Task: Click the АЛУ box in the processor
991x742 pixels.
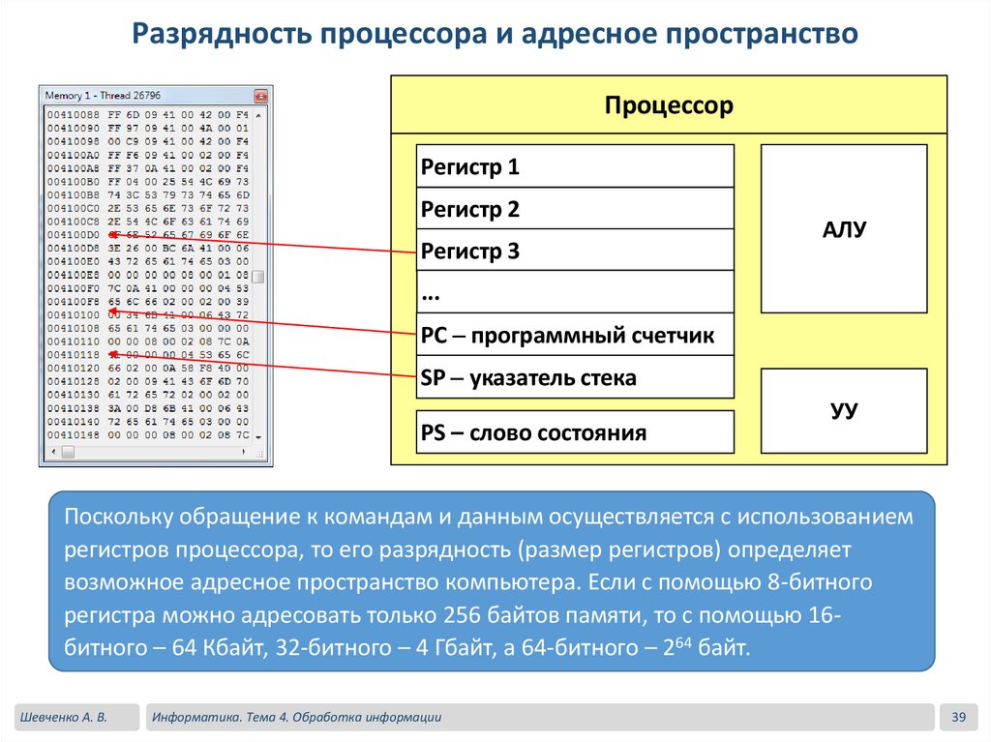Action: [x=844, y=229]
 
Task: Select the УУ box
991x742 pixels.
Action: [x=844, y=411]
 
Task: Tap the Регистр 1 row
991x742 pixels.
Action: [x=574, y=166]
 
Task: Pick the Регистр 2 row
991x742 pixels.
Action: [x=574, y=209]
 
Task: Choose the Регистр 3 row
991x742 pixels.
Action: [x=574, y=252]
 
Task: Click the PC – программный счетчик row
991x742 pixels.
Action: [x=574, y=336]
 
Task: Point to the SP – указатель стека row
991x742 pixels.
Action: [x=574, y=377]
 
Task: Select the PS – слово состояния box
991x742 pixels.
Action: [x=574, y=432]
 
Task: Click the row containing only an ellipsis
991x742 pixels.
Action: [x=574, y=292]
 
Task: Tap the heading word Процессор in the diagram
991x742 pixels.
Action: [x=669, y=105]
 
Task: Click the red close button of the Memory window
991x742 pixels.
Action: [x=260, y=96]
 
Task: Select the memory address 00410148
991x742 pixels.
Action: [x=72, y=435]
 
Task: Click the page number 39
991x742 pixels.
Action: [x=959, y=717]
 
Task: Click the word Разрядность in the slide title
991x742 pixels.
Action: [x=213, y=35]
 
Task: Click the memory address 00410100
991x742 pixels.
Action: [x=72, y=314]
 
